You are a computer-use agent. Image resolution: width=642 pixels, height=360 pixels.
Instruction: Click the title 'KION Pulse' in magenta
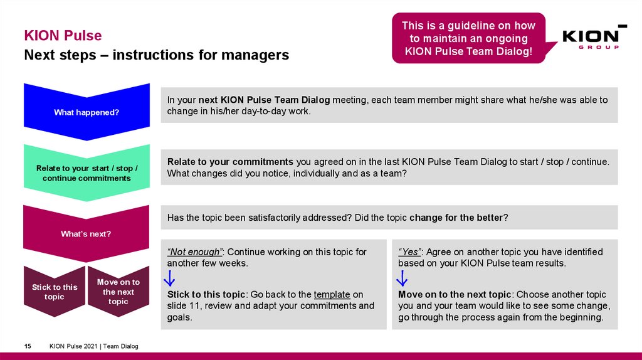coord(63,36)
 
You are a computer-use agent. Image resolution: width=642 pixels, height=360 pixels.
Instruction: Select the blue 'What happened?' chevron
coord(87,112)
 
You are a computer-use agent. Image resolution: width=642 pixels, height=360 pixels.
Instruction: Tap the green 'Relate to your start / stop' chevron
coord(87,172)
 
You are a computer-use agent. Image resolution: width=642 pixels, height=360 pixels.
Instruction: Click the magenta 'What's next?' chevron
coord(87,233)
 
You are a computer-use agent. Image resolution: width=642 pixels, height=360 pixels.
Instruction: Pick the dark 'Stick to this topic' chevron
coord(55,291)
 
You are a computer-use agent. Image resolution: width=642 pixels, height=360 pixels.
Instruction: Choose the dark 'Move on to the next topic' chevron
coord(118,291)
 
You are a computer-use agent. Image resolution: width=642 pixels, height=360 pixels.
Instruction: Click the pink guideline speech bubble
coord(469,38)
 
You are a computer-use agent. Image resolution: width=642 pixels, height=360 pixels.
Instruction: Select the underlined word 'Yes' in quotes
coord(410,251)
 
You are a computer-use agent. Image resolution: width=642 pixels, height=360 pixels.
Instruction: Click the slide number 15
coord(28,346)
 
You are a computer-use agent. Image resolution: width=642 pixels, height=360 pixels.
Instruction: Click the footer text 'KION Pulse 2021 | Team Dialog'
coord(94,346)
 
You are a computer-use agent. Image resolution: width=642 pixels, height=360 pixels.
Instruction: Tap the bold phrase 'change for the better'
coord(456,218)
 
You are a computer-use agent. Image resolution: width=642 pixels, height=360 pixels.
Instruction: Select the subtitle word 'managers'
coord(258,55)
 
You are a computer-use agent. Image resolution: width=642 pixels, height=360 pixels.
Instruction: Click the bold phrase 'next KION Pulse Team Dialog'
coord(264,100)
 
